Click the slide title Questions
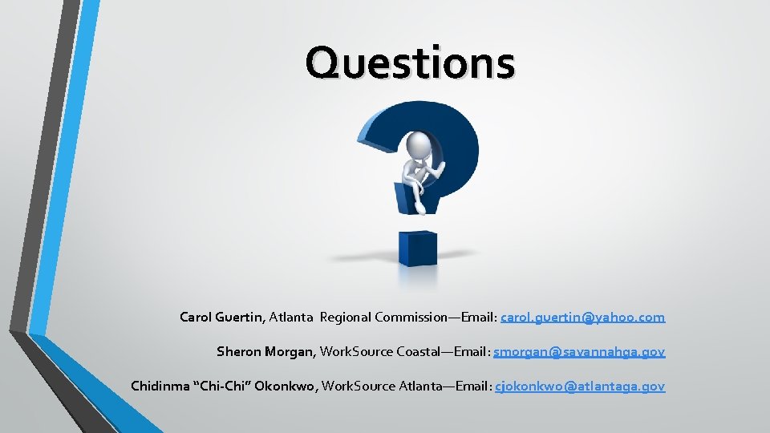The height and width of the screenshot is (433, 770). (410, 63)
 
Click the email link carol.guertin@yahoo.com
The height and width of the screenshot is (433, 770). (582, 318)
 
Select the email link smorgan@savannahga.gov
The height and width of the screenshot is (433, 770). (579, 352)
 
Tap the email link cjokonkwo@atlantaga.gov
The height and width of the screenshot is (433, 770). (580, 386)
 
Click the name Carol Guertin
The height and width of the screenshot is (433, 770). (221, 318)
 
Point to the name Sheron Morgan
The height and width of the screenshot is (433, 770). (266, 352)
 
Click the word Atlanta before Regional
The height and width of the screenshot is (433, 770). (291, 318)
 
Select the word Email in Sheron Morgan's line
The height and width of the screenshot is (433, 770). (470, 352)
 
